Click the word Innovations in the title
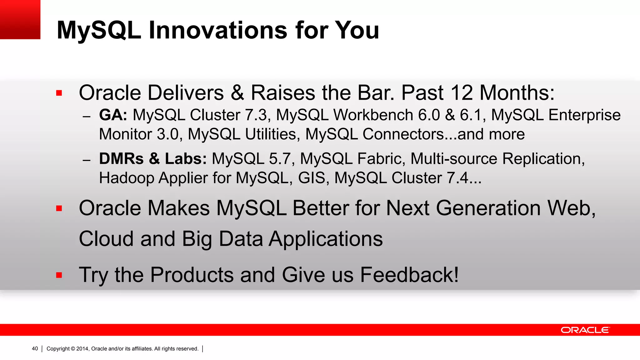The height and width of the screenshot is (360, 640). click(x=217, y=30)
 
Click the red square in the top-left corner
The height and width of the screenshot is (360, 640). click(x=20, y=19)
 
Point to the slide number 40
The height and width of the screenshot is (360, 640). click(x=35, y=349)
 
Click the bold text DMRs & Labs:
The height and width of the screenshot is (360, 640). click(x=153, y=159)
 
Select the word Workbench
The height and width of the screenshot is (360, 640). click(x=373, y=115)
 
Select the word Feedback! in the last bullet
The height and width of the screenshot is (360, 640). click(x=409, y=275)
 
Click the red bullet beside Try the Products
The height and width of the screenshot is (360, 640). click(x=59, y=275)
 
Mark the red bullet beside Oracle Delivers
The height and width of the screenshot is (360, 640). click(x=59, y=93)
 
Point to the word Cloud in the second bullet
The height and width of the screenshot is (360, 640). click(x=106, y=239)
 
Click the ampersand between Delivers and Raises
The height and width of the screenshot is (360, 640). click(x=237, y=93)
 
